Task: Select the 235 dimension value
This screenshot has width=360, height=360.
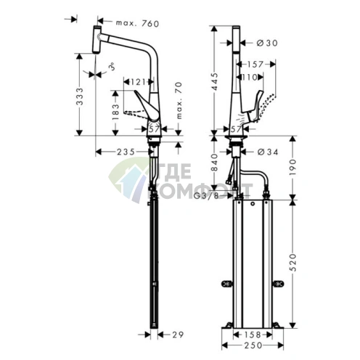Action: [x=127, y=152]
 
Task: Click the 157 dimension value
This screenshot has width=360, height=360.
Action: [x=260, y=65]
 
